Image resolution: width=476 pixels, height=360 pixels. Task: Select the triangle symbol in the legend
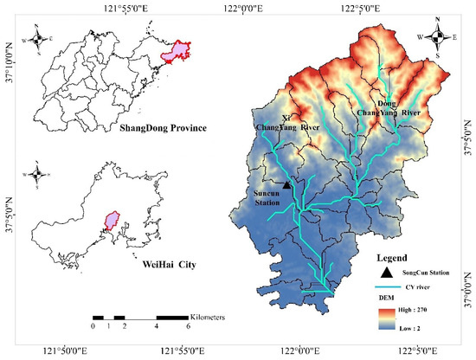(x=386, y=272)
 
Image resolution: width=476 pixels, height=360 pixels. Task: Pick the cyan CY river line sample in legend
(x=390, y=286)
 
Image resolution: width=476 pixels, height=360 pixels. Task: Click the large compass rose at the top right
(x=439, y=36)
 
